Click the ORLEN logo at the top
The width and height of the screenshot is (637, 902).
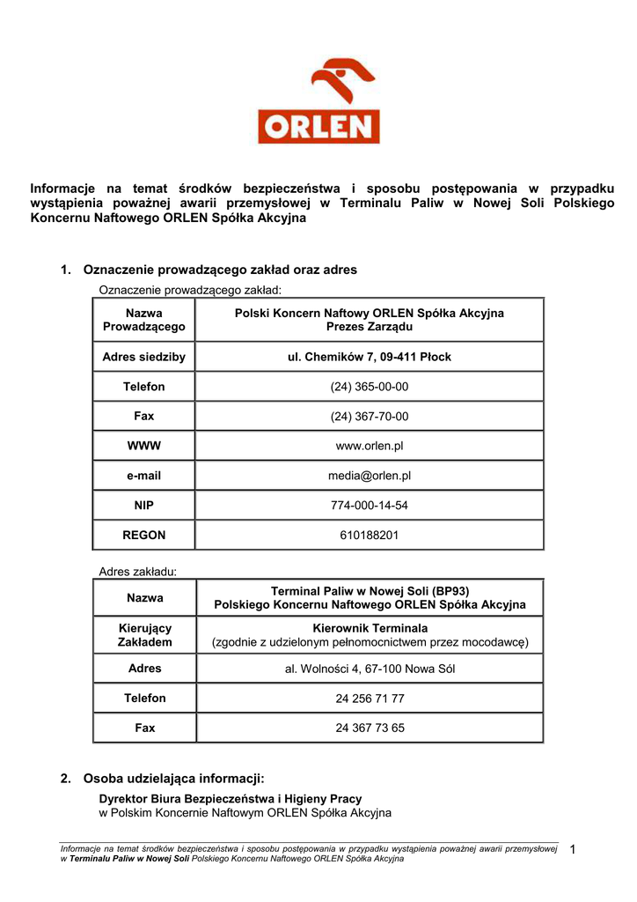(x=318, y=100)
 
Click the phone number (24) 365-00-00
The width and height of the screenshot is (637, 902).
(x=370, y=387)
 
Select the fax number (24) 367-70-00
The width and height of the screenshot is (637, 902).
(x=370, y=417)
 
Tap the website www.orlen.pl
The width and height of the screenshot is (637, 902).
(x=370, y=447)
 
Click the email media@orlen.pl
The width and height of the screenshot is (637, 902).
(x=370, y=476)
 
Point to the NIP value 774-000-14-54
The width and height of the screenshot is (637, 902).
(x=370, y=506)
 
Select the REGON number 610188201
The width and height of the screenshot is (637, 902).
(x=370, y=535)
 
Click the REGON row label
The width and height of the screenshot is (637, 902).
(x=144, y=535)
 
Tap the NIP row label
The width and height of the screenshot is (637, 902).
(x=144, y=506)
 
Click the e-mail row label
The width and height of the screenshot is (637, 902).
(x=144, y=476)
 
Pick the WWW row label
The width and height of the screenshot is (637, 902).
(x=144, y=447)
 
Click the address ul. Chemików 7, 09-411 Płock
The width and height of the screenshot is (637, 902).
(x=370, y=357)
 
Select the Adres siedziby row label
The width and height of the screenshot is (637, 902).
(x=144, y=357)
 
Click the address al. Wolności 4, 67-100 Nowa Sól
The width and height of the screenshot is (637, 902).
(x=370, y=669)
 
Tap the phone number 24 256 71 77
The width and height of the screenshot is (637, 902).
(x=370, y=699)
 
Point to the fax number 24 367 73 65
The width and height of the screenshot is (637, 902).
(x=370, y=728)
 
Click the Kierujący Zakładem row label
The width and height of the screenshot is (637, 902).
(x=144, y=635)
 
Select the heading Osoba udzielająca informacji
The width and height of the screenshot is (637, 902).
(x=173, y=779)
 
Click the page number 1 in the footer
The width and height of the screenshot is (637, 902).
(x=572, y=849)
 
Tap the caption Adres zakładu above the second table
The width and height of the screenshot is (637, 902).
(x=138, y=572)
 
